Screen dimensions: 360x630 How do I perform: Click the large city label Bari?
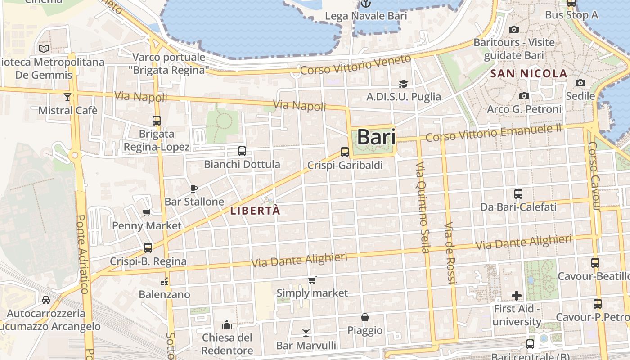tap(376, 137)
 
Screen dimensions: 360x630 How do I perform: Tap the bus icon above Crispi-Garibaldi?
tap(345, 152)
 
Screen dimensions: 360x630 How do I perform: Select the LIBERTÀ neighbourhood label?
tap(255, 211)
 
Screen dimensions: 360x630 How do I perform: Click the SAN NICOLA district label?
tap(529, 74)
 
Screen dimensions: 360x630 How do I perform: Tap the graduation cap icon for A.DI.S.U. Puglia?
tap(403, 84)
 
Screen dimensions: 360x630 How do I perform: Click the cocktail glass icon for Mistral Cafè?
tap(67, 97)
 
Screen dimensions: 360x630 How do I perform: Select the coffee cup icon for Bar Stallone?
tap(194, 189)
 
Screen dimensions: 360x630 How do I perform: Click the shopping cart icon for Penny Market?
tap(146, 213)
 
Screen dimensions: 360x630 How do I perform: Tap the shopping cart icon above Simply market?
tap(312, 280)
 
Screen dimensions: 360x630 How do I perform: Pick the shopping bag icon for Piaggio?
tap(365, 317)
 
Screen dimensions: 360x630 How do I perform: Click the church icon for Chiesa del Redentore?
tap(227, 324)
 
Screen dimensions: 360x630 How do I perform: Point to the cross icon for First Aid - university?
tap(517, 296)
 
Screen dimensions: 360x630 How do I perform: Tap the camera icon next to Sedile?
tap(580, 83)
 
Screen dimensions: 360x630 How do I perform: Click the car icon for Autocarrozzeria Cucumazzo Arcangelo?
tap(46, 300)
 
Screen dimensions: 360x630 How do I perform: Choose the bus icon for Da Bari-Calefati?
tap(518, 194)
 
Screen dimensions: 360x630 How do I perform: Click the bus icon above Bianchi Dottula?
tap(242, 151)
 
